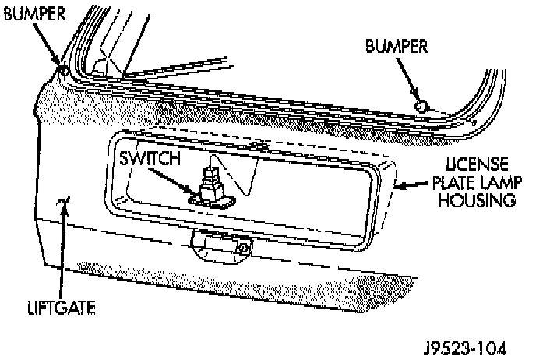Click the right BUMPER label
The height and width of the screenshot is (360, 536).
[x=397, y=46]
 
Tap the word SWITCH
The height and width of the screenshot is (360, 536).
[x=150, y=158]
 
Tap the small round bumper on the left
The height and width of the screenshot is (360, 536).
[x=64, y=73]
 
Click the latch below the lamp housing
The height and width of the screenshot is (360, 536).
[x=222, y=248]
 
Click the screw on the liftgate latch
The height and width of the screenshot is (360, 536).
[x=243, y=249]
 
